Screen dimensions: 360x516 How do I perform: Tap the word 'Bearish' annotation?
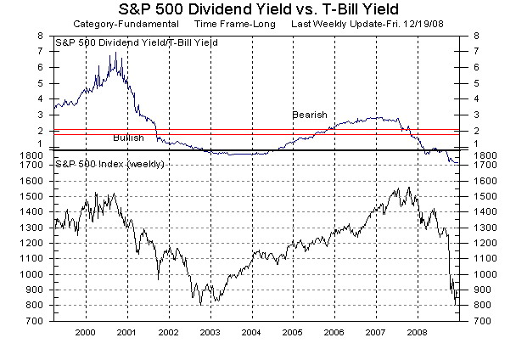309,115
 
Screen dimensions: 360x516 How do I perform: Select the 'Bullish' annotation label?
128,138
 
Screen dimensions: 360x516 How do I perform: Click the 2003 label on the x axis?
210,333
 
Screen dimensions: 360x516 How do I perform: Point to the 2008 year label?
417,333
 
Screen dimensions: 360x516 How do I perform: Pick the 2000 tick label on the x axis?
86,333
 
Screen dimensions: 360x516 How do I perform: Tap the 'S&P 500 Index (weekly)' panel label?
109,162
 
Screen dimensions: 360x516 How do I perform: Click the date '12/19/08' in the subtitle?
423,25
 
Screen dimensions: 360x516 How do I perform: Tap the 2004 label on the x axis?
251,333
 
